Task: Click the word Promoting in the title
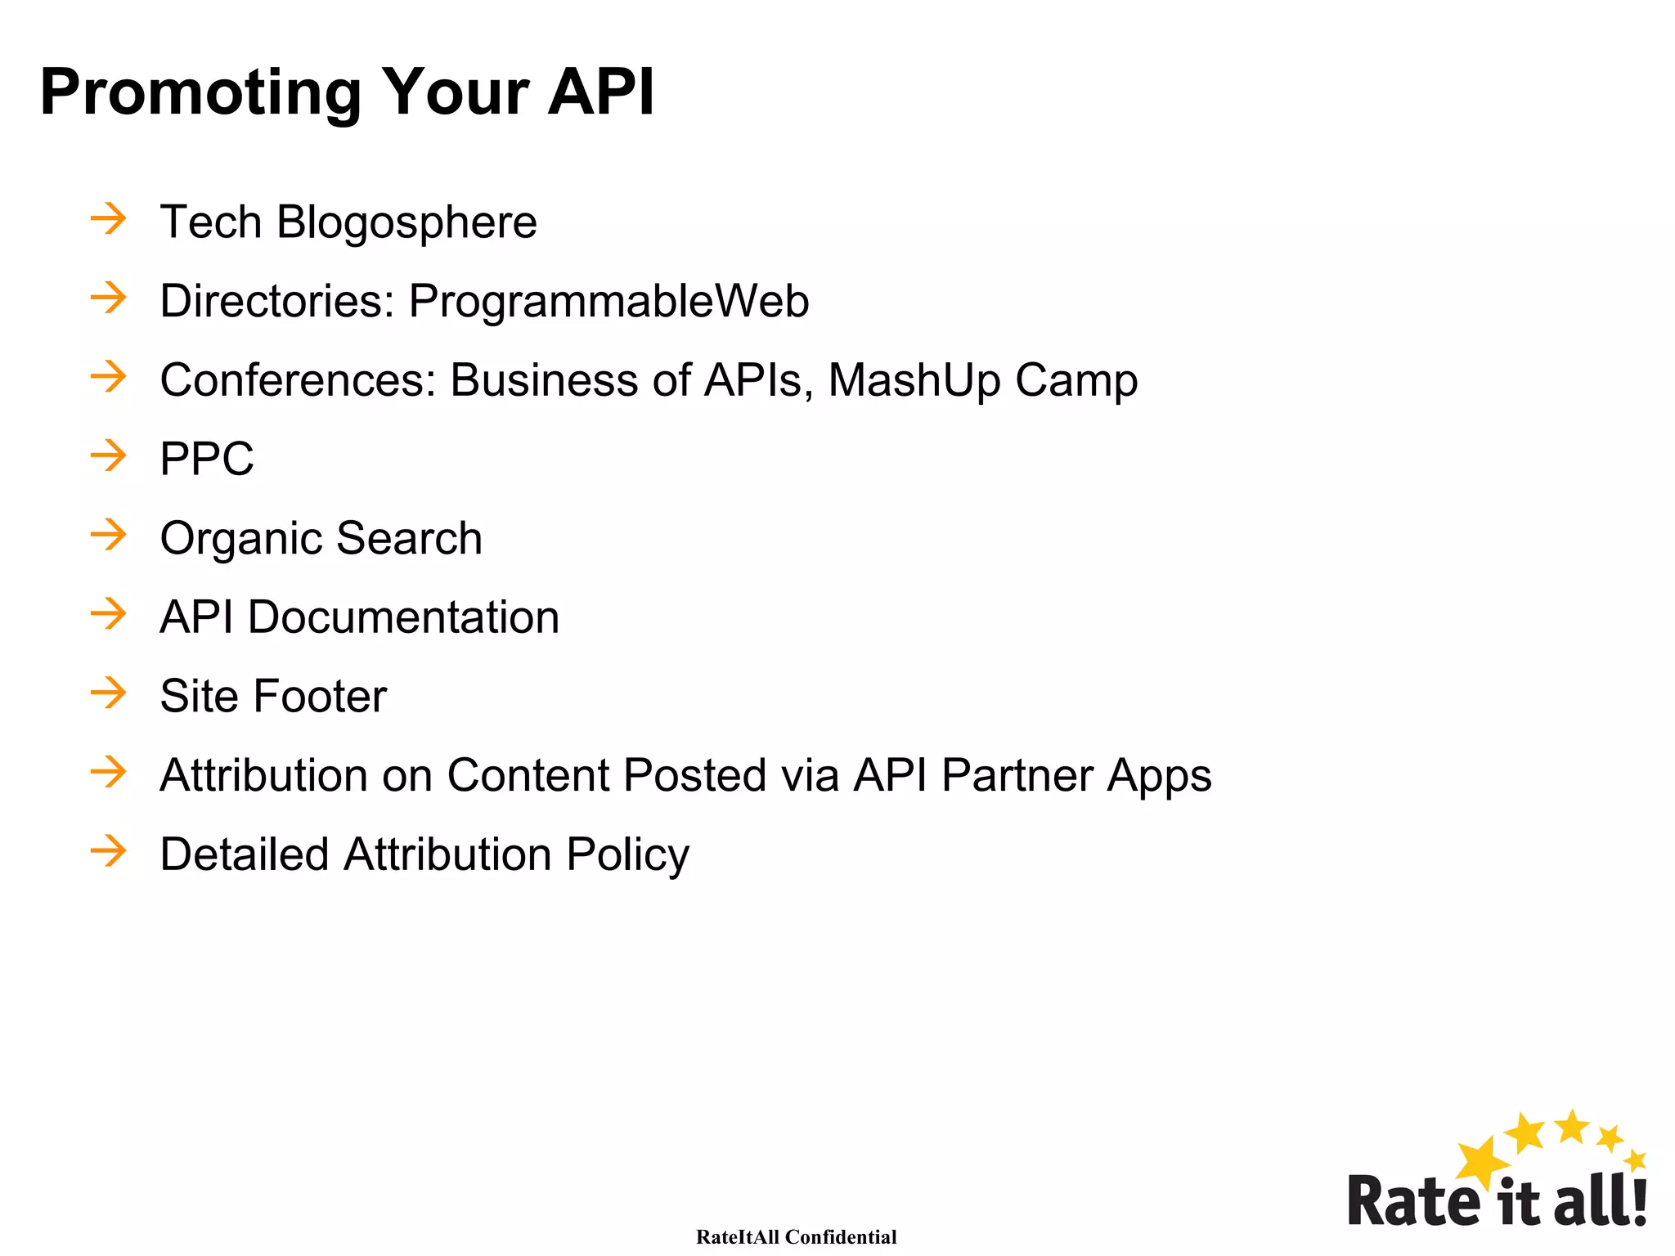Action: (200, 92)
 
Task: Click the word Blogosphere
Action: (406, 222)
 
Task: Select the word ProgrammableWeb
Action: (608, 302)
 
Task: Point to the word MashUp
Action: (914, 380)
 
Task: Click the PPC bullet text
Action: (207, 459)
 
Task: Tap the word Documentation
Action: (403, 617)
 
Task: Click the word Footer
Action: (320, 696)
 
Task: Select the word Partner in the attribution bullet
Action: (1017, 775)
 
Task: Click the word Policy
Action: (627, 855)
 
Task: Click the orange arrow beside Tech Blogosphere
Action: (109, 219)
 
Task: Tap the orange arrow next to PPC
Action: (109, 455)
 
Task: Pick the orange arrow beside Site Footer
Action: (109, 693)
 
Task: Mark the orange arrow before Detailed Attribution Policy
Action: (109, 851)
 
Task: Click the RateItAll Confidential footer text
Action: (796, 1237)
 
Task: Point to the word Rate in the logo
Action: (1413, 1200)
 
